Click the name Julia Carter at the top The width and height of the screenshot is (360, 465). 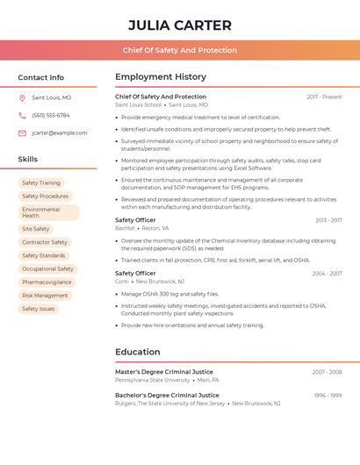click(180, 25)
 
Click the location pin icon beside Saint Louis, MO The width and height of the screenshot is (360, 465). click(22, 98)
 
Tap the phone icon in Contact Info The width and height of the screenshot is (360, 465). click(22, 116)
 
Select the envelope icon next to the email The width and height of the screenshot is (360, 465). click(22, 133)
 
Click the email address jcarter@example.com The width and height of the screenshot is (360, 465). click(60, 133)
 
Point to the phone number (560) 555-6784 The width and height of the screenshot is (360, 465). click(51, 116)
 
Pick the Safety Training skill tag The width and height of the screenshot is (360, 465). click(41, 183)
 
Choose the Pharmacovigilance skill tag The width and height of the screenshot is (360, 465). click(47, 283)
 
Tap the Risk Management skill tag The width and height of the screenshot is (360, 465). click(45, 296)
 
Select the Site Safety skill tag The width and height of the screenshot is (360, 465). click(36, 229)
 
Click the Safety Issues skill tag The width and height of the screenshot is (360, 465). click(39, 309)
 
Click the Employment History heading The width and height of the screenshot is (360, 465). click(161, 77)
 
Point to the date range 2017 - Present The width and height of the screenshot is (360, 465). click(324, 97)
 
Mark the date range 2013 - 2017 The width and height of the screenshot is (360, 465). click(328, 220)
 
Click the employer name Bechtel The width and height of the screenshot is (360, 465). click(125, 228)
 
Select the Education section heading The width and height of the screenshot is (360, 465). click(138, 353)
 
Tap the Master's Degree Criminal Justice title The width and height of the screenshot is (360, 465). click(164, 372)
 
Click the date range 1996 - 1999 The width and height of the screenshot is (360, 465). click(328, 395)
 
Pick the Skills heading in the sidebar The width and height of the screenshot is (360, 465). click(28, 160)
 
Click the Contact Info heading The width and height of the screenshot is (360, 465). click(41, 77)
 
